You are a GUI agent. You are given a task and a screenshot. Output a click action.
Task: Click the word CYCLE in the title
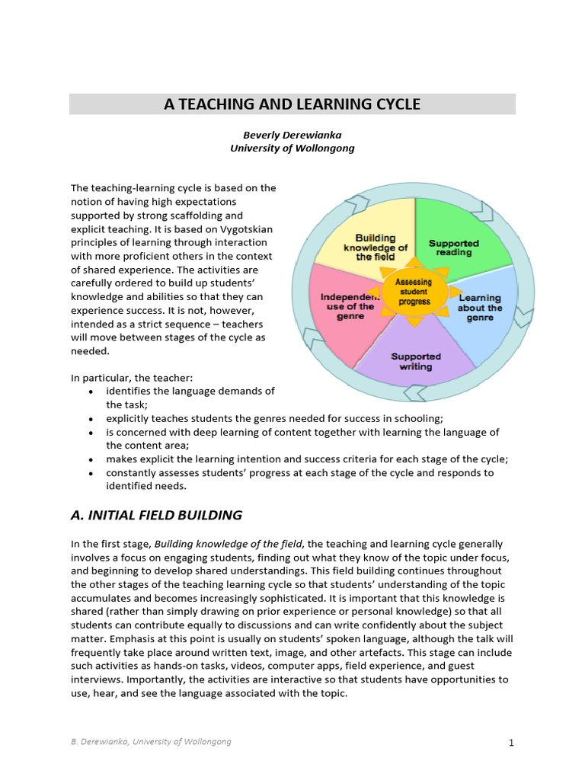[395, 104]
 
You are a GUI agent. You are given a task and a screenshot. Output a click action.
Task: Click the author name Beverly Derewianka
[292, 135]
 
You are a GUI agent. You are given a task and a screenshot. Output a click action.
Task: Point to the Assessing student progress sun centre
[414, 292]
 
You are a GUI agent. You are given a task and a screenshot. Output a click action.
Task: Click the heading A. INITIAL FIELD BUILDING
[156, 515]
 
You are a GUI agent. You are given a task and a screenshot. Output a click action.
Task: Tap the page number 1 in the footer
[511, 741]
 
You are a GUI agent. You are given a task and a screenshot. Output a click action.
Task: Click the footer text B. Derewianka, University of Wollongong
[151, 741]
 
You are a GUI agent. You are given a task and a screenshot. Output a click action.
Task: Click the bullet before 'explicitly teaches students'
[91, 418]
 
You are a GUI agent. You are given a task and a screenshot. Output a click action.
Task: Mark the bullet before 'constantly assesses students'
[91, 473]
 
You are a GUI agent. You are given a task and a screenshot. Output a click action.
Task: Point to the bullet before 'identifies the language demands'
[91, 392]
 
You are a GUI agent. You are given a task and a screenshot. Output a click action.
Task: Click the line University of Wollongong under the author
[292, 149]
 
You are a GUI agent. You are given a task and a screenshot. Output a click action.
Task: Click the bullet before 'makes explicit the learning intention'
[91, 459]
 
